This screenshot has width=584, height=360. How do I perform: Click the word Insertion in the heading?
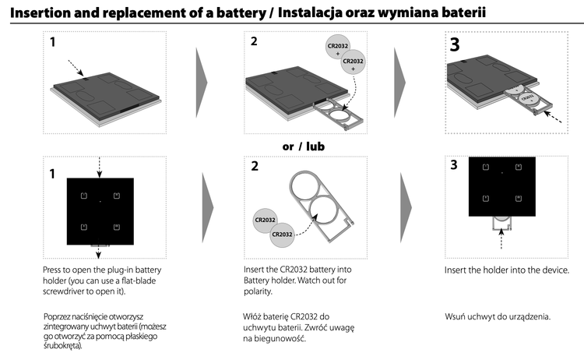click(44, 12)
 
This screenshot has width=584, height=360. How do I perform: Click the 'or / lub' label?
click(303, 146)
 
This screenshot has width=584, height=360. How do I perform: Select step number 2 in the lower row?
click(254, 166)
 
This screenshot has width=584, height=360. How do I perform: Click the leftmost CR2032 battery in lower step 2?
click(266, 221)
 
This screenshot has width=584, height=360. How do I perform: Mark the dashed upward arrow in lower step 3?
click(501, 238)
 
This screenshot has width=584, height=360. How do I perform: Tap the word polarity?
click(258, 291)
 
